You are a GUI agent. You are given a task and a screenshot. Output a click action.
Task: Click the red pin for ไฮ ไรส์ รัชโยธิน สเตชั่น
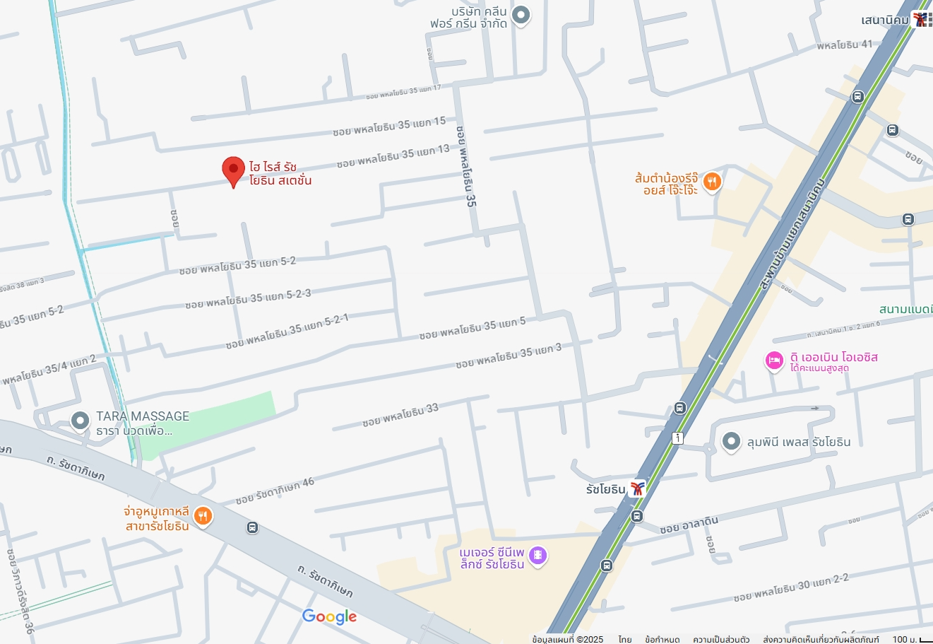pyautogui.click(x=233, y=170)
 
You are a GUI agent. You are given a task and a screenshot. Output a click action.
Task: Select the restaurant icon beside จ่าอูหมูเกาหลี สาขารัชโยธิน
pyautogui.click(x=203, y=517)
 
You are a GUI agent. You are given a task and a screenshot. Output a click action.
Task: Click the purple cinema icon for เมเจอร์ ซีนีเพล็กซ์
pyautogui.click(x=537, y=556)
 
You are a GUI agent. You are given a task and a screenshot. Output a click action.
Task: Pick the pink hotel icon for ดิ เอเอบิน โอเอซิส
pyautogui.click(x=774, y=361)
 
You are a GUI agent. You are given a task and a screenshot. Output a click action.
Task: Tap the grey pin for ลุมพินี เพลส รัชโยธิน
pyautogui.click(x=730, y=442)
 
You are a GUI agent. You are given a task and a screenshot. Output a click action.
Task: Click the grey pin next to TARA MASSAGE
pyautogui.click(x=80, y=421)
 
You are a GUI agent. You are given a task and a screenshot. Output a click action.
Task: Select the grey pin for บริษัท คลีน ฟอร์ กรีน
pyautogui.click(x=521, y=15)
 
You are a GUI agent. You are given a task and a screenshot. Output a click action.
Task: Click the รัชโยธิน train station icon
pyautogui.click(x=638, y=488)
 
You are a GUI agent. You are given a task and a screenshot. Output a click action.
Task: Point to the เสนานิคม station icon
pyautogui.click(x=921, y=20)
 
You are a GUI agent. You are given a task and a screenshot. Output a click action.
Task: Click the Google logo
pyautogui.click(x=329, y=616)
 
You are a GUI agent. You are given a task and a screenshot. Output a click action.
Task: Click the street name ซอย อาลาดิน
pyautogui.click(x=689, y=525)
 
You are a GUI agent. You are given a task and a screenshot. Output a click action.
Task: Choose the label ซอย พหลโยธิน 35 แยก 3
pyautogui.click(x=509, y=356)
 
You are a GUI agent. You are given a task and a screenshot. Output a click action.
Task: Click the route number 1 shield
pyautogui.click(x=678, y=438)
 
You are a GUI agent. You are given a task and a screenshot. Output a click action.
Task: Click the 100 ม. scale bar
pyautogui.click(x=912, y=639)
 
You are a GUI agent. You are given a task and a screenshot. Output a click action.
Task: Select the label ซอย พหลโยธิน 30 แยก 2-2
pyautogui.click(x=790, y=587)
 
